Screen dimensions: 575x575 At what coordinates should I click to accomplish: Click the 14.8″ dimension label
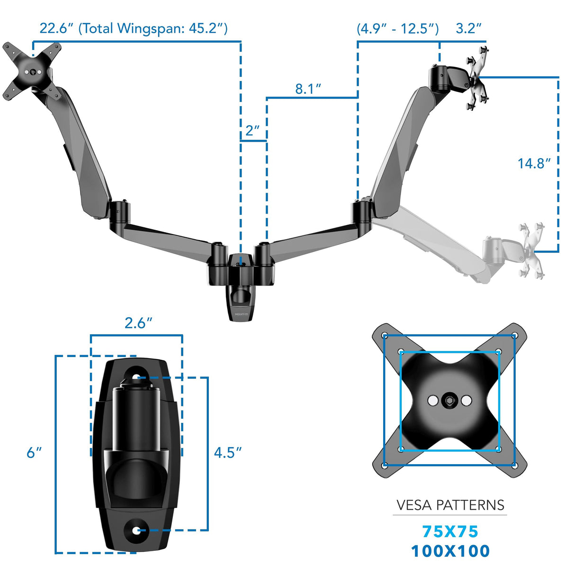[534, 164]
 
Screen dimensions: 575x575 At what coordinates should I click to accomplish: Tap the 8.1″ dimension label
[308, 89]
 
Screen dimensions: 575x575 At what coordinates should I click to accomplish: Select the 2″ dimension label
[252, 131]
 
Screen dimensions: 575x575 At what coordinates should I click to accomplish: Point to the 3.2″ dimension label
[468, 28]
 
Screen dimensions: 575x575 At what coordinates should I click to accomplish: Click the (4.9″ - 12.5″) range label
[397, 28]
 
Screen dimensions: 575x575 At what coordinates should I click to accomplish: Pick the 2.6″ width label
[138, 323]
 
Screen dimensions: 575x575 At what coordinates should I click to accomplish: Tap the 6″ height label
[34, 453]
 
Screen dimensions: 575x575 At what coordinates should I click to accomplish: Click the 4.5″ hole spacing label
[227, 453]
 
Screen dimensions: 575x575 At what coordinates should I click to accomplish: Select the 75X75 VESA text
[450, 532]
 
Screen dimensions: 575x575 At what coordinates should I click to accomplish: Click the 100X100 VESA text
[450, 551]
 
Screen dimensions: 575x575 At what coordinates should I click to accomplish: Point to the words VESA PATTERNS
[450, 505]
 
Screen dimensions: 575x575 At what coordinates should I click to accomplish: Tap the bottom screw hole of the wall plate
[136, 530]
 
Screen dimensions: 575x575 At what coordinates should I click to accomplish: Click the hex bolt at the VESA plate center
[449, 401]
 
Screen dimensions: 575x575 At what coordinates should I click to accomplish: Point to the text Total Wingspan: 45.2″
[153, 28]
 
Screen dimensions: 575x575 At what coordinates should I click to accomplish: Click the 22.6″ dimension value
[56, 28]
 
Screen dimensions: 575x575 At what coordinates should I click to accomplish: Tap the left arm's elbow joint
[118, 212]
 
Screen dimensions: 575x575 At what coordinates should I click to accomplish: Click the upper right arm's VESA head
[477, 78]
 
